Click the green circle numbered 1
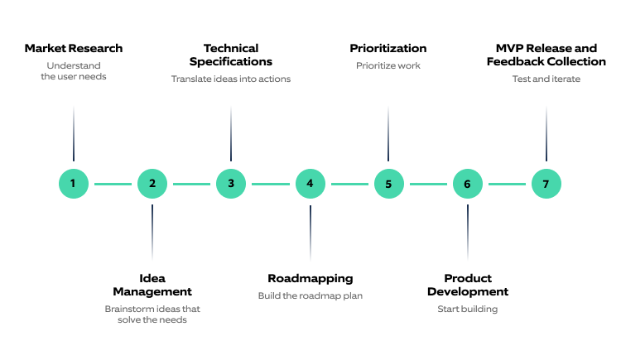click(x=74, y=184)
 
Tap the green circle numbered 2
click(x=152, y=184)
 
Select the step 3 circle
click(x=231, y=184)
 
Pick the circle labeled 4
click(x=310, y=184)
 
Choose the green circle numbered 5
click(x=388, y=184)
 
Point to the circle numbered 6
click(x=467, y=184)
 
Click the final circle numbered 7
click(x=546, y=184)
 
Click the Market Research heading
click(x=74, y=48)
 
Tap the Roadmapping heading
click(x=310, y=278)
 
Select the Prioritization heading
click(x=388, y=48)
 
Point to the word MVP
click(x=507, y=48)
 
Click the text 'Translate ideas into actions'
click(x=231, y=79)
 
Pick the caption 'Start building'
click(x=468, y=310)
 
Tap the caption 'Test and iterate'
click(x=546, y=79)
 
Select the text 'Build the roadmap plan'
click(x=310, y=295)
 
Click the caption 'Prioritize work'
click(x=388, y=65)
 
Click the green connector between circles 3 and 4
click(x=271, y=184)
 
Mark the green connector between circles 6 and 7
click(x=507, y=184)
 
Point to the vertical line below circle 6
click(x=467, y=232)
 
